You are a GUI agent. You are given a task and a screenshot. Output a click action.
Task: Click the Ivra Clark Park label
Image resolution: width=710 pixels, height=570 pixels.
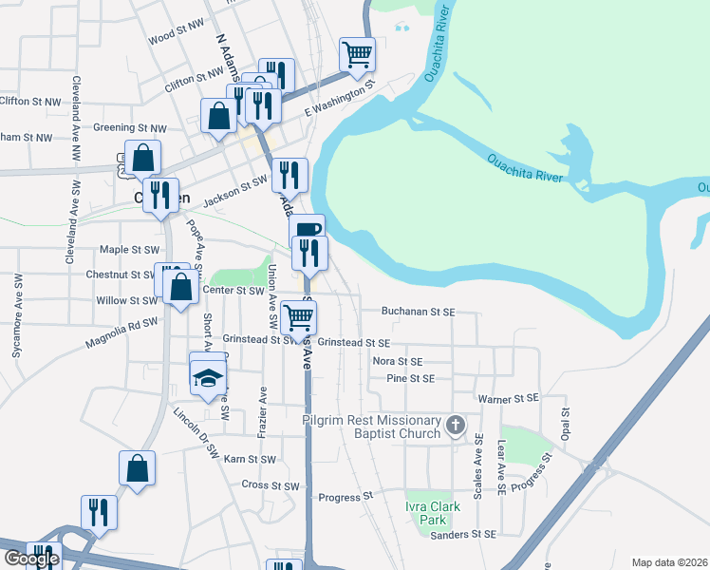click(x=432, y=513)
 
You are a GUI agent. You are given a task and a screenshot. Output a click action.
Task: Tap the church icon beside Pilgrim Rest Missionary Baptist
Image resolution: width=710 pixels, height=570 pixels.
click(x=456, y=425)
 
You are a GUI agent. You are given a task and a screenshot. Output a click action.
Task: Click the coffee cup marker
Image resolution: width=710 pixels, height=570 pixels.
click(x=308, y=230)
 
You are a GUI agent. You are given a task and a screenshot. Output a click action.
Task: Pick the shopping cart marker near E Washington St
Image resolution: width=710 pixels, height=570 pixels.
click(x=358, y=54)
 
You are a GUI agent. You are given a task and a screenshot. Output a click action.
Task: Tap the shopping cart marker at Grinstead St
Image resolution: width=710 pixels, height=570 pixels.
click(x=299, y=317)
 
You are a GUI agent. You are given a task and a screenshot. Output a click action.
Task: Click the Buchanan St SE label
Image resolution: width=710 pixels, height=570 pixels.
click(x=419, y=311)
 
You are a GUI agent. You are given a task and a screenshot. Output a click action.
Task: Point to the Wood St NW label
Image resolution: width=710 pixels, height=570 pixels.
click(x=177, y=38)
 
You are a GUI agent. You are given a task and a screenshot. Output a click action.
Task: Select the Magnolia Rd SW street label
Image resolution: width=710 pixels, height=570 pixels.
click(x=121, y=323)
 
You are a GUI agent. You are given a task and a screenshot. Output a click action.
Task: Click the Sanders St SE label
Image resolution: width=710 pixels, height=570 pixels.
click(x=464, y=535)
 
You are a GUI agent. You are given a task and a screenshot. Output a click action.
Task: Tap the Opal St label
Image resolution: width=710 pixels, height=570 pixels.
click(x=564, y=419)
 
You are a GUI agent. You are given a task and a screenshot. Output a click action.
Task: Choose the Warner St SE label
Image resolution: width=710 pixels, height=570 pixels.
click(x=508, y=397)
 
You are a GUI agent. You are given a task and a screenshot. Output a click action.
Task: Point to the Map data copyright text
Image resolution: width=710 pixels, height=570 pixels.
click(x=670, y=562)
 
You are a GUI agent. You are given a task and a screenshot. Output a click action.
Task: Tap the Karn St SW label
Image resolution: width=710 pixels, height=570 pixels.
click(x=250, y=459)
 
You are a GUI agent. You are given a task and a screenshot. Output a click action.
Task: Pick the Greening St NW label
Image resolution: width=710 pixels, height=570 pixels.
click(x=130, y=127)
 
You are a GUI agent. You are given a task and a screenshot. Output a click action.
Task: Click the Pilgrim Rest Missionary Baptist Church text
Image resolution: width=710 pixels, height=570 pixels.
click(x=371, y=427)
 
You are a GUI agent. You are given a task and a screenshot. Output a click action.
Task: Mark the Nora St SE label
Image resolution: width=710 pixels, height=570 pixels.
click(x=397, y=361)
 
